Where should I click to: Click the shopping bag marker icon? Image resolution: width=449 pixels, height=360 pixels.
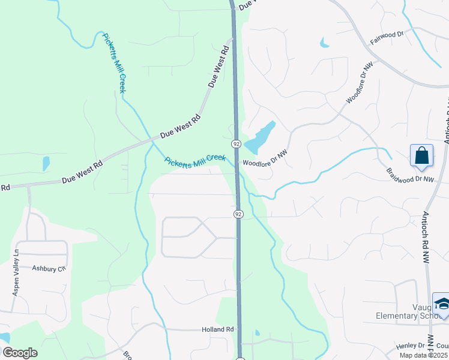(x=421, y=155)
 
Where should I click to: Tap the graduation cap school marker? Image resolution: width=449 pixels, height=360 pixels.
(x=441, y=304)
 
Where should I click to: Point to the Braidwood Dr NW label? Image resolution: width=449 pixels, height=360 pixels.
(x=410, y=179)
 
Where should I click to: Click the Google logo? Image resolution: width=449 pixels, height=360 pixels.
(x=20, y=353)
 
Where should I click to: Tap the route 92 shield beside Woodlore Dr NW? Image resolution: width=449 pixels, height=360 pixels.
(x=237, y=144)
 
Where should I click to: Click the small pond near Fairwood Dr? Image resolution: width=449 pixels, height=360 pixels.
(x=325, y=43)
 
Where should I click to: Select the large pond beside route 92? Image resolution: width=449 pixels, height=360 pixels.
(x=259, y=139)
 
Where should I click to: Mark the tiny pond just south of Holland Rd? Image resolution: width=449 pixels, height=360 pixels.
(x=257, y=333)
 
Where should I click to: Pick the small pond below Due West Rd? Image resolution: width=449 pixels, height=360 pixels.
(x=46, y=163)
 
